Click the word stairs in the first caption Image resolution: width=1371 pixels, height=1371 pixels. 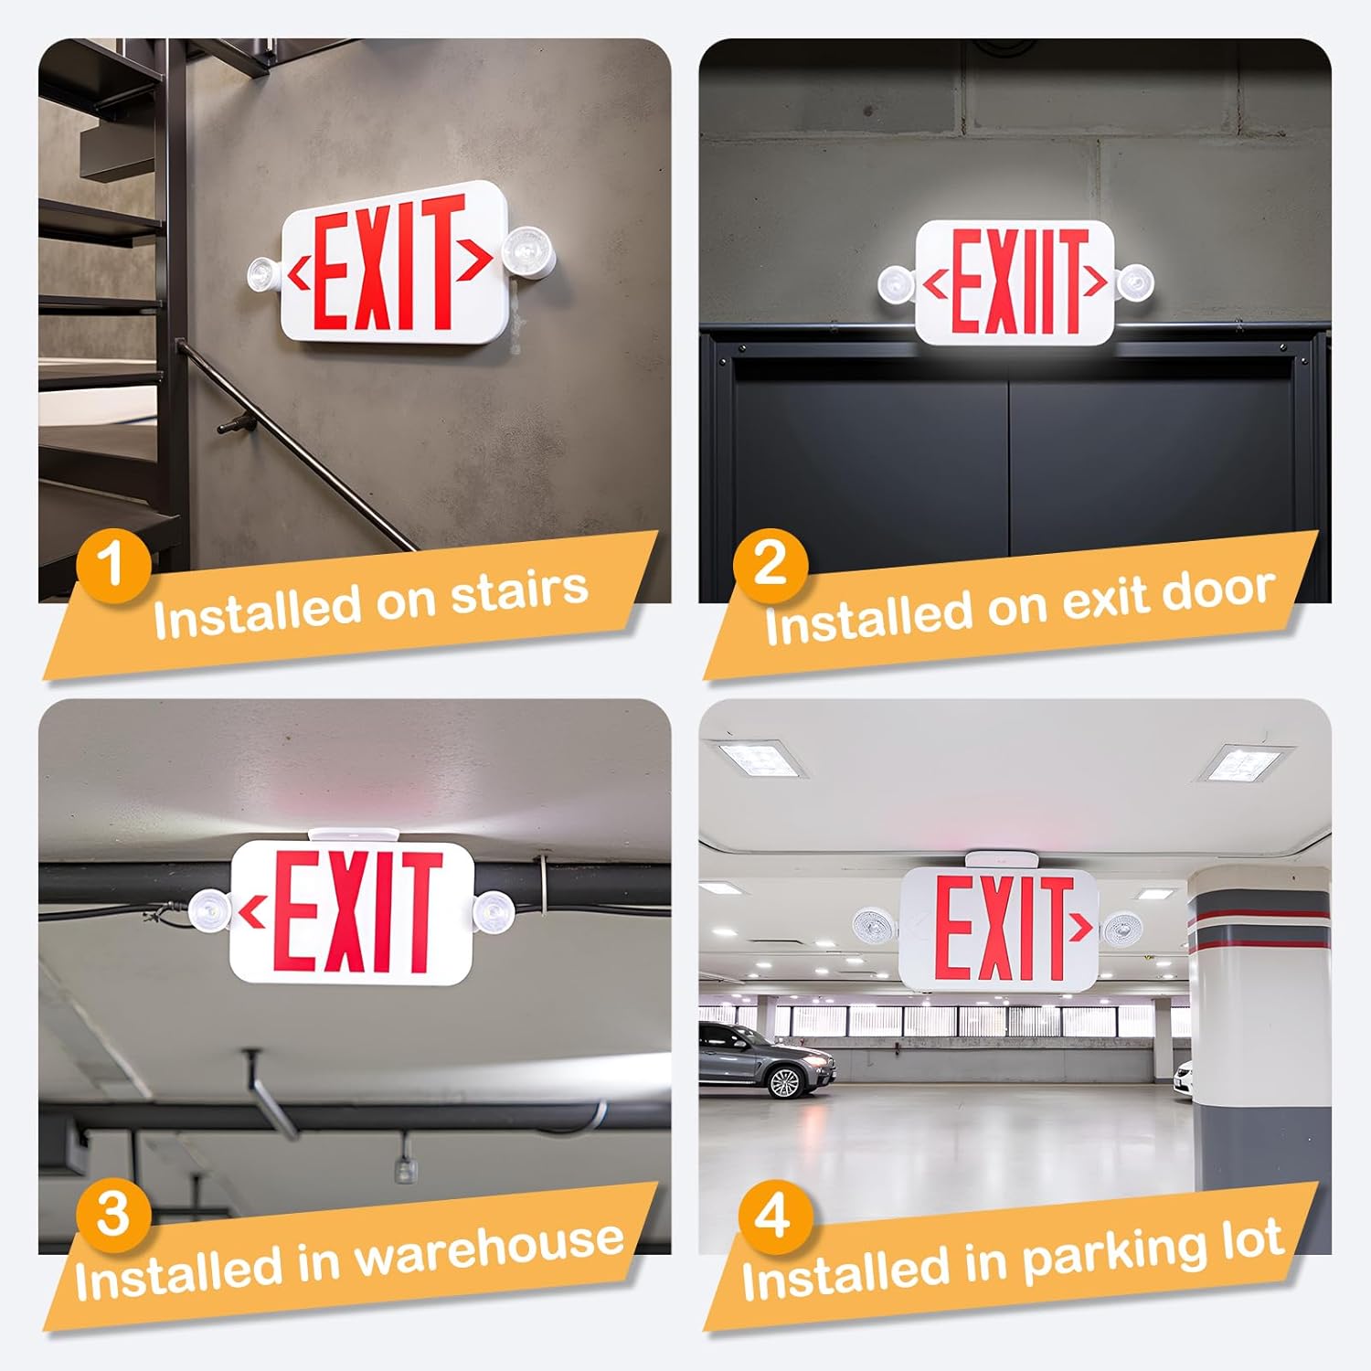(519, 591)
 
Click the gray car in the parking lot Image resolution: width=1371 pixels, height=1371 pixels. (766, 1058)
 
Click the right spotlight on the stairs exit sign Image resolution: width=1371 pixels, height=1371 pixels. (527, 250)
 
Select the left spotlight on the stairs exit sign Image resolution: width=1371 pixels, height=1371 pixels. (264, 274)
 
